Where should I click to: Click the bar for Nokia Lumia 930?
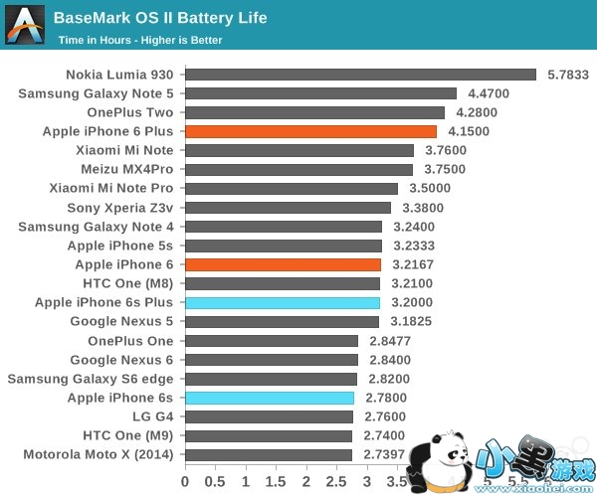(x=360, y=75)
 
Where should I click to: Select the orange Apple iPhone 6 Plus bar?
(x=310, y=131)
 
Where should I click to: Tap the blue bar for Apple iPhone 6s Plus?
(x=282, y=302)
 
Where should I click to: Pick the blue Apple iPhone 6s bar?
(x=269, y=398)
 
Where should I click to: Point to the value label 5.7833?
(x=568, y=75)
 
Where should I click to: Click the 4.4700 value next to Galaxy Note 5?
(x=489, y=93)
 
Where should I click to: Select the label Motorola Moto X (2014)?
(x=98, y=454)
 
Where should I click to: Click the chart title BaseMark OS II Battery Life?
(x=160, y=18)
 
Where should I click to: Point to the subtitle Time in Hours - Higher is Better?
(x=140, y=41)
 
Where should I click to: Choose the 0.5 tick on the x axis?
(x=214, y=481)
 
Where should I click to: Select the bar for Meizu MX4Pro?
(x=298, y=170)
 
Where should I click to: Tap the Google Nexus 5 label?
(x=121, y=321)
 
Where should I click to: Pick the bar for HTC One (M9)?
(x=268, y=435)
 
